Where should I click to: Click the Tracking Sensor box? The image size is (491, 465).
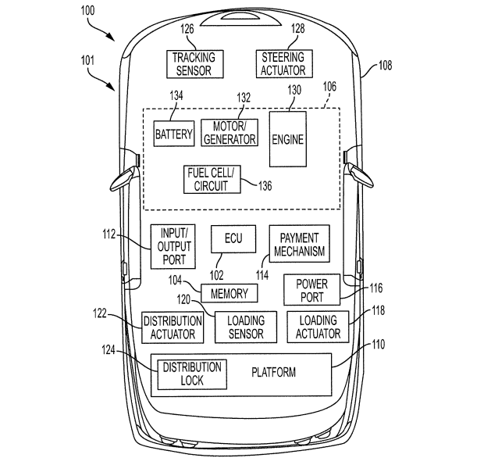pos(194,63)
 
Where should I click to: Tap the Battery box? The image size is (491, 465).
pos(173,134)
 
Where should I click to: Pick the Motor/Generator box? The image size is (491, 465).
pos(229,133)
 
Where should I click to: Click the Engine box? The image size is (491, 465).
pos(287,139)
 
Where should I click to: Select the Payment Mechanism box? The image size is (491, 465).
pos(299,245)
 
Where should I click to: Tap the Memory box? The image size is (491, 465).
pos(229,293)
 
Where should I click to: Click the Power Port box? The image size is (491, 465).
pos(311,290)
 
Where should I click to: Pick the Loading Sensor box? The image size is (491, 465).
pos(245,327)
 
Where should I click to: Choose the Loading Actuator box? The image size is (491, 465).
pos(318,327)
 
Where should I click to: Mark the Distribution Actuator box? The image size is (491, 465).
pos(173,327)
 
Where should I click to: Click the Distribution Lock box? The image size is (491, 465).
pos(191,374)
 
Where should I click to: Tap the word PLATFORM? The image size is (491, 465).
pos(273,372)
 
